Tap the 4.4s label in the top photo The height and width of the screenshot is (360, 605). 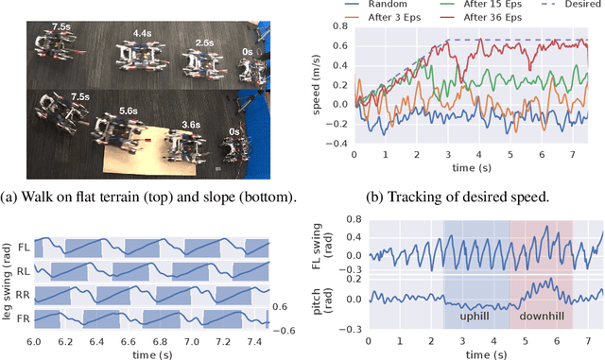[x=142, y=34]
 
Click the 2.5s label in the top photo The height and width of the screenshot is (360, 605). [x=203, y=43]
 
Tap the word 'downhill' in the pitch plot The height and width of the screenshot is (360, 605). [x=543, y=319]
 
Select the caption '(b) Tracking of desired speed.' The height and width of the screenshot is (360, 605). [x=463, y=197]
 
